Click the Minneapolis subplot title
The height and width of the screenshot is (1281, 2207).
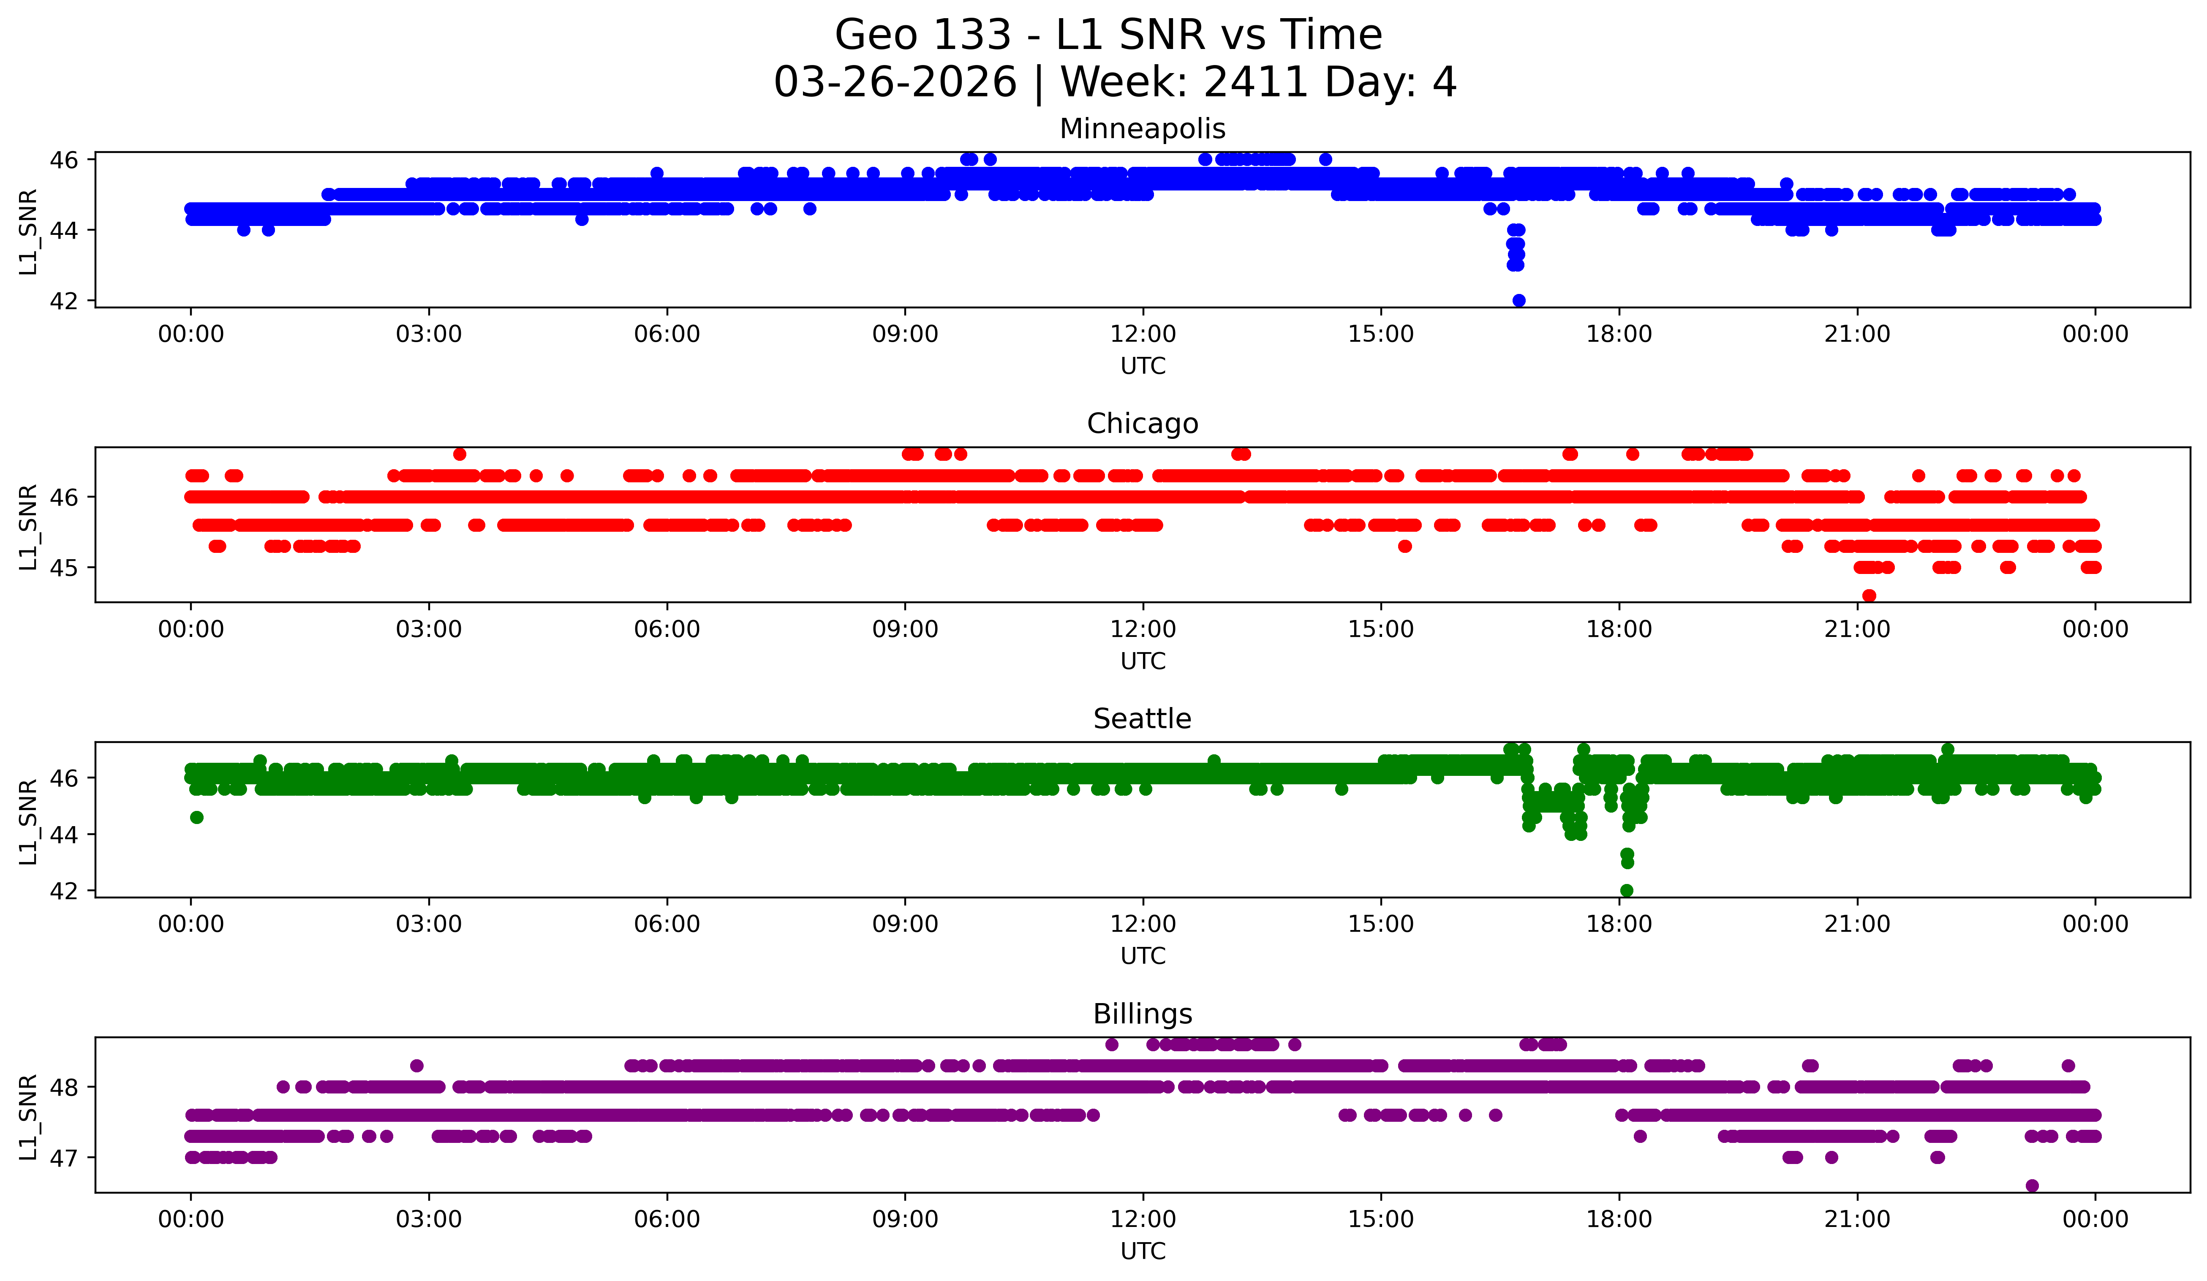tap(1142, 129)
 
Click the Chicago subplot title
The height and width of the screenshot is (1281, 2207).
tap(1142, 424)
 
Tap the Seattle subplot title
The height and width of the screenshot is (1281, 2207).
tap(1142, 719)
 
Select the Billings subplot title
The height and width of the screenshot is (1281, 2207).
tap(1142, 1014)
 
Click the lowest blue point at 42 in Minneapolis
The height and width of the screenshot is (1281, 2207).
tap(1519, 300)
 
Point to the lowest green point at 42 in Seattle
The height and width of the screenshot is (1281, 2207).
tap(1626, 890)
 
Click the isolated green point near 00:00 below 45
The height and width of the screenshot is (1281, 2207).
tap(197, 817)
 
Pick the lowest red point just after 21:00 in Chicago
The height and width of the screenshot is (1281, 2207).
tap(1869, 596)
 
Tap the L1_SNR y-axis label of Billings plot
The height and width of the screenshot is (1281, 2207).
tap(28, 1117)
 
